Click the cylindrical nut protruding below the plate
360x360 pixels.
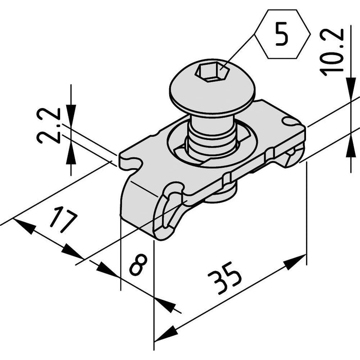pyautogui.click(x=221, y=193)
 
